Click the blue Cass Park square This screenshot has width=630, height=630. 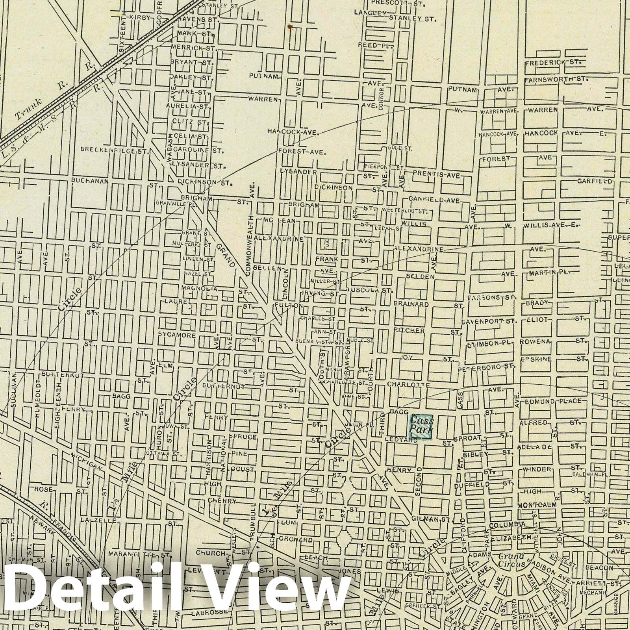click(x=421, y=426)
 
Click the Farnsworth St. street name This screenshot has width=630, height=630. click(x=556, y=80)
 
